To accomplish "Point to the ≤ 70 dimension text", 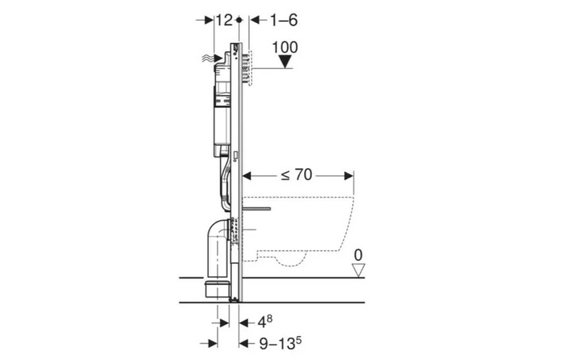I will click(295, 174).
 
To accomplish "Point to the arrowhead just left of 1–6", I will click(251, 18).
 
